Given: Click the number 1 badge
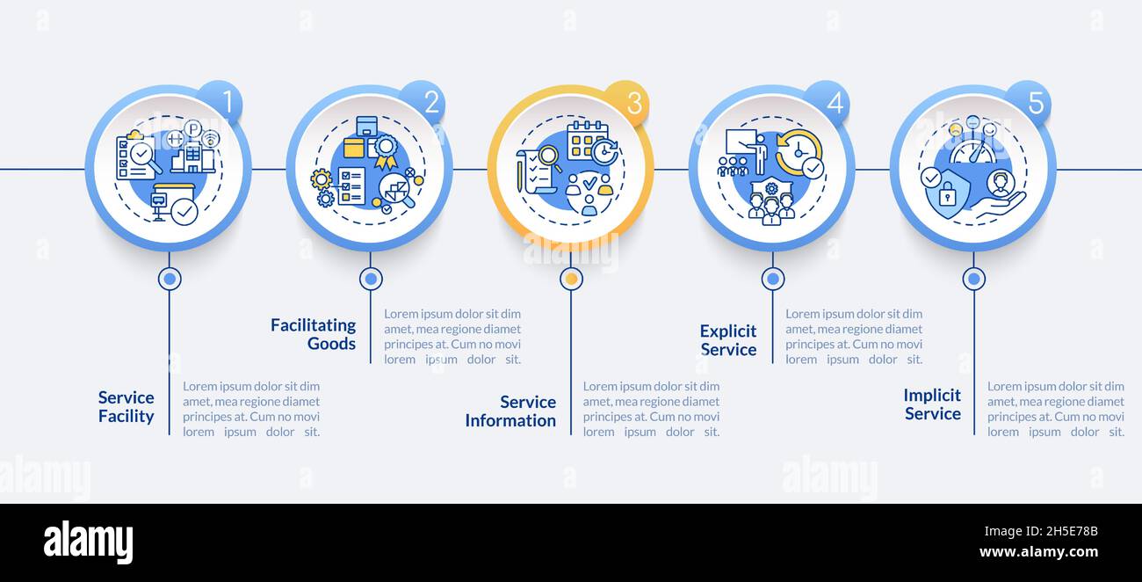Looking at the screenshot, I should pos(225,103).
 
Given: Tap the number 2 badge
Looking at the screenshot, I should pos(430,103).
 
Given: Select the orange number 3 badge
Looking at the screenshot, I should pos(632,103).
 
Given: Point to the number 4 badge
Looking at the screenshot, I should pos(833,103).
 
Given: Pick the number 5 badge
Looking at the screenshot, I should pos(1034,103).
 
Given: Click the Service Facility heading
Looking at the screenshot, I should pos(126,407).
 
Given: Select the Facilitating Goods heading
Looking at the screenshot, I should pos(313,334).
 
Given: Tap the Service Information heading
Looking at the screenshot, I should pos(510,411).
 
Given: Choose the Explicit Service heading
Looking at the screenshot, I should pos(727,340).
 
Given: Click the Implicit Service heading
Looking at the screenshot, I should pos(932,404).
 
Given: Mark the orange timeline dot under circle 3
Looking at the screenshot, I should pos(571,279).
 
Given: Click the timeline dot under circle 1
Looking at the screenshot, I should pos(170,279).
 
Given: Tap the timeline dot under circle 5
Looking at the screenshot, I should pos(973,279).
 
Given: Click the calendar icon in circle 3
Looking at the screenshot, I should pos(587,140).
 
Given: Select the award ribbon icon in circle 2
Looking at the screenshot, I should pos(386,149).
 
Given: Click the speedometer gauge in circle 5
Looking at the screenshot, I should pos(972,151).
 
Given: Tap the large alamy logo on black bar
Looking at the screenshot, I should pos(88,542).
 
